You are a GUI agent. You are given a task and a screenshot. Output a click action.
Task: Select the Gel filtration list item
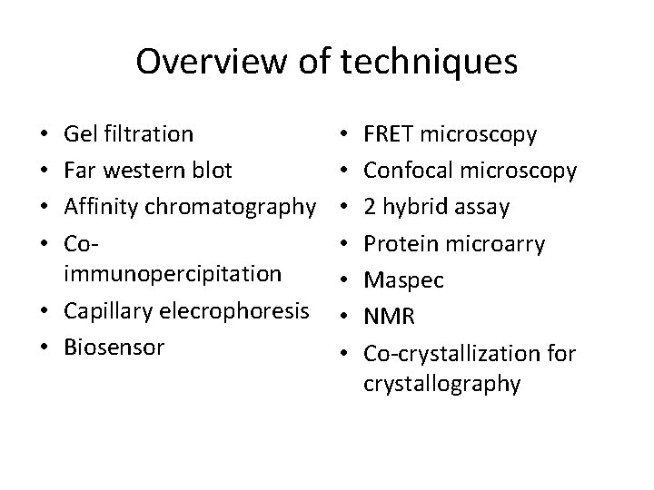click(x=128, y=134)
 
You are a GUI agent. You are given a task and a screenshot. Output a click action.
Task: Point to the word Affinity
click(x=98, y=207)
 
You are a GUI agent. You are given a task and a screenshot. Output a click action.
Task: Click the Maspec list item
click(x=403, y=279)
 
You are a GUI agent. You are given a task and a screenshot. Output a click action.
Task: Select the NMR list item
click(x=388, y=316)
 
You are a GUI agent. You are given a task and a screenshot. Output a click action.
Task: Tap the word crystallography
click(x=441, y=383)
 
